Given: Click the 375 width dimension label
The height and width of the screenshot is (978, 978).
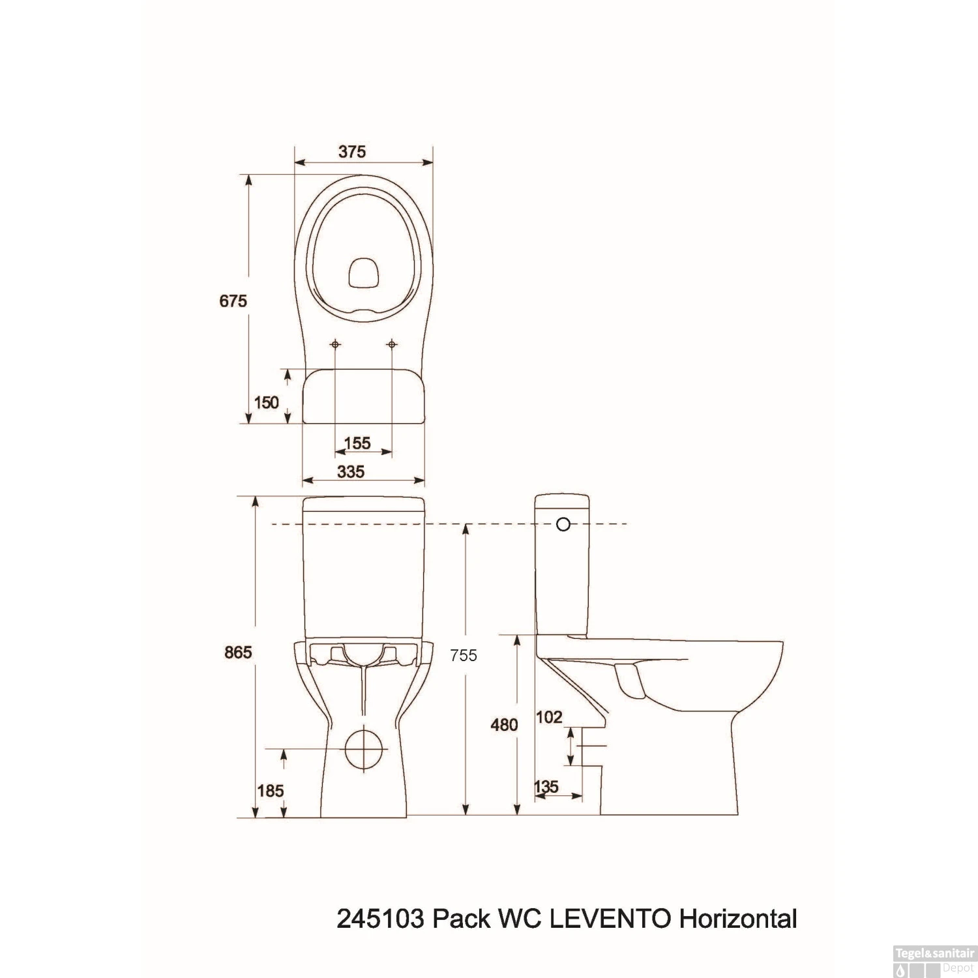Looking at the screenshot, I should point(352,151).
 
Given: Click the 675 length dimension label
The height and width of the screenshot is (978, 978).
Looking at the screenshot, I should point(233,301).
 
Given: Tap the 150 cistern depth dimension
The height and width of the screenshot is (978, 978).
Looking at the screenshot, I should point(266,402).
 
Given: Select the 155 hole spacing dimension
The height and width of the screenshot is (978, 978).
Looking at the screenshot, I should point(357,443).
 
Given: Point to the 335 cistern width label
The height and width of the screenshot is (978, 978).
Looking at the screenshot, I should point(351,471).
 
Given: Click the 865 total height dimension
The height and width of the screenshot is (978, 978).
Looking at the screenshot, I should point(237,651).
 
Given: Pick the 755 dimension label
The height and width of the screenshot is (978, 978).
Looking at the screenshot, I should point(464,655).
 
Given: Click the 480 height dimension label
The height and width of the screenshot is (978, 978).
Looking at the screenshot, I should point(504,724).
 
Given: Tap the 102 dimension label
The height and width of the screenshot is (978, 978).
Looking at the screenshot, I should point(548,717).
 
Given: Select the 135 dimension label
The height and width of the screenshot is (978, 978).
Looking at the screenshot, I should point(546,786).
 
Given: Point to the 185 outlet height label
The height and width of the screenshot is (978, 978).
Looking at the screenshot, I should point(270,790).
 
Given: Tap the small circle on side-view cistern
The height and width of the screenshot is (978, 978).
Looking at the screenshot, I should point(563,524).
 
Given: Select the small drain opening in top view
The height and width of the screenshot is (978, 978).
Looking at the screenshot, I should point(364,273).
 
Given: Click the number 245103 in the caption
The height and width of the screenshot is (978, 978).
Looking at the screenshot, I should point(382,919).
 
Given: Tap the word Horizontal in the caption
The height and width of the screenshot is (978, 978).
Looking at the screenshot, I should point(738,919).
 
